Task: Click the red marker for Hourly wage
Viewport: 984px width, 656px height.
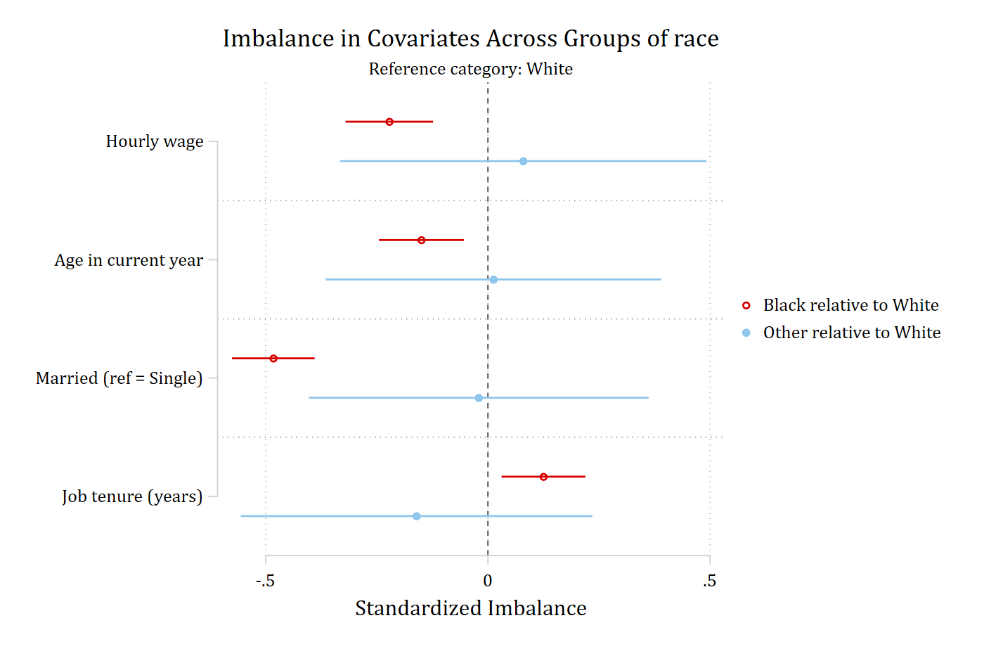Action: coord(389,122)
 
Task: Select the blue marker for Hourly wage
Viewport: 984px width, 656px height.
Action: coord(523,161)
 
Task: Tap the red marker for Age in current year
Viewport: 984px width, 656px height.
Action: coord(421,240)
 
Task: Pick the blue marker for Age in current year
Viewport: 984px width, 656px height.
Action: coord(493,279)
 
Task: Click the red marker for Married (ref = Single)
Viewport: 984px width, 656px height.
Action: coord(273,359)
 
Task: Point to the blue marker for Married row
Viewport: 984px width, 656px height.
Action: coord(479,398)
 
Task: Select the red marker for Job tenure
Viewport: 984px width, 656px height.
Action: coord(543,477)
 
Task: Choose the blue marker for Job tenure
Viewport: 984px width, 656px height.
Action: coord(416,516)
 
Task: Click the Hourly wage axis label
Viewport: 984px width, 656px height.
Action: coord(155,141)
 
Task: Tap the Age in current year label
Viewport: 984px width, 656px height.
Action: coord(129,260)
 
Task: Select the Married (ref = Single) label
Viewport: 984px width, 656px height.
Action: coord(119,378)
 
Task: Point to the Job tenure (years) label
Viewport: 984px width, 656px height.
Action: coord(132,496)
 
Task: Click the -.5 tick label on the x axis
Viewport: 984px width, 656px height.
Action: coord(266,581)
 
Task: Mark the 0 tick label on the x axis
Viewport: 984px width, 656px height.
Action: coord(488,581)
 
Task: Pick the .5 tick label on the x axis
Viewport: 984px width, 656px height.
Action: coord(709,581)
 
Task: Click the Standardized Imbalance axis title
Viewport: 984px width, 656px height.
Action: coord(470,609)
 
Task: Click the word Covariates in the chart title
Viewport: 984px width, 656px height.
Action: coord(423,38)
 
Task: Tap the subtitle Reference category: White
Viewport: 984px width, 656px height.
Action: coord(470,69)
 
